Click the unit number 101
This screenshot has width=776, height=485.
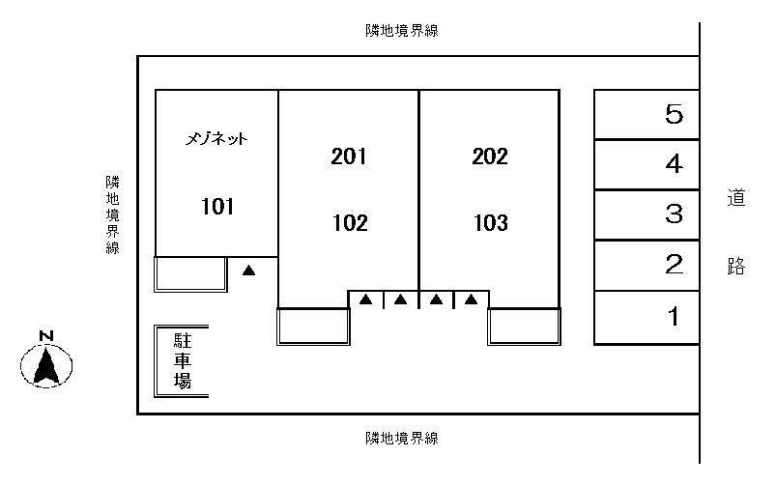click(217, 206)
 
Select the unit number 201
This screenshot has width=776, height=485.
click(349, 157)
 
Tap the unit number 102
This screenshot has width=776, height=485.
click(349, 224)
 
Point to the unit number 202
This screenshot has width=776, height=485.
click(490, 157)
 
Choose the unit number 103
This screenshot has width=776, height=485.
click(490, 224)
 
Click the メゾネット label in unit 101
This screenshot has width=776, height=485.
click(217, 139)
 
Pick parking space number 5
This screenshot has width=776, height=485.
click(675, 115)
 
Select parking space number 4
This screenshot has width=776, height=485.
click(675, 164)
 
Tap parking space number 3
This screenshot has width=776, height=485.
click(675, 214)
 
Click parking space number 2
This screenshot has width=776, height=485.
click(675, 265)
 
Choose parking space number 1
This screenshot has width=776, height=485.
click(675, 316)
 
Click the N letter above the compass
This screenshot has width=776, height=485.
click(45, 336)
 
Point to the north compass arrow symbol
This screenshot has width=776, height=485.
click(46, 366)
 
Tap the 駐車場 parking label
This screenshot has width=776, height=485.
click(182, 361)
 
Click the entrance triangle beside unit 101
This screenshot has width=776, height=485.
click(248, 271)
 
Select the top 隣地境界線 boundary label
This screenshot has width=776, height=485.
click(402, 31)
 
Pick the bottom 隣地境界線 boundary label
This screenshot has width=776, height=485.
click(402, 439)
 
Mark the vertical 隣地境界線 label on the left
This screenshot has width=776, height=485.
click(113, 214)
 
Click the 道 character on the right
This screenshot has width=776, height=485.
click(736, 199)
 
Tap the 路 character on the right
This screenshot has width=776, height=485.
click(736, 266)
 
